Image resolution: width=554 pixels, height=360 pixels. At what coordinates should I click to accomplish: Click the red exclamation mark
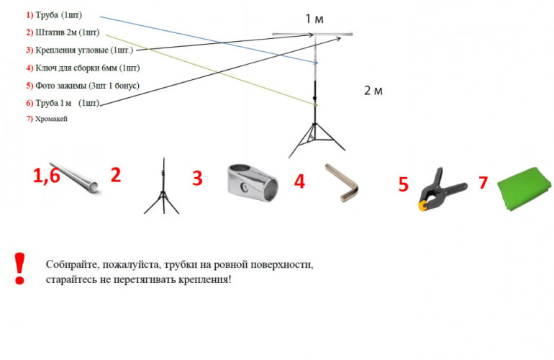[20, 268]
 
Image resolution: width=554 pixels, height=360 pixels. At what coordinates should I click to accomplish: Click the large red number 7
[483, 183]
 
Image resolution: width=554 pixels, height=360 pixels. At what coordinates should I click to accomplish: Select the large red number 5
[404, 184]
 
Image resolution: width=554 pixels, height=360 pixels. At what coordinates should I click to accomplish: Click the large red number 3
[196, 179]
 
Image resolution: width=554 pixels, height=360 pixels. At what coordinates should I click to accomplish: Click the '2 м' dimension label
[373, 90]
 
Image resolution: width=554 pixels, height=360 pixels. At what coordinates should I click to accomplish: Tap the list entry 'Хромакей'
[51, 119]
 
